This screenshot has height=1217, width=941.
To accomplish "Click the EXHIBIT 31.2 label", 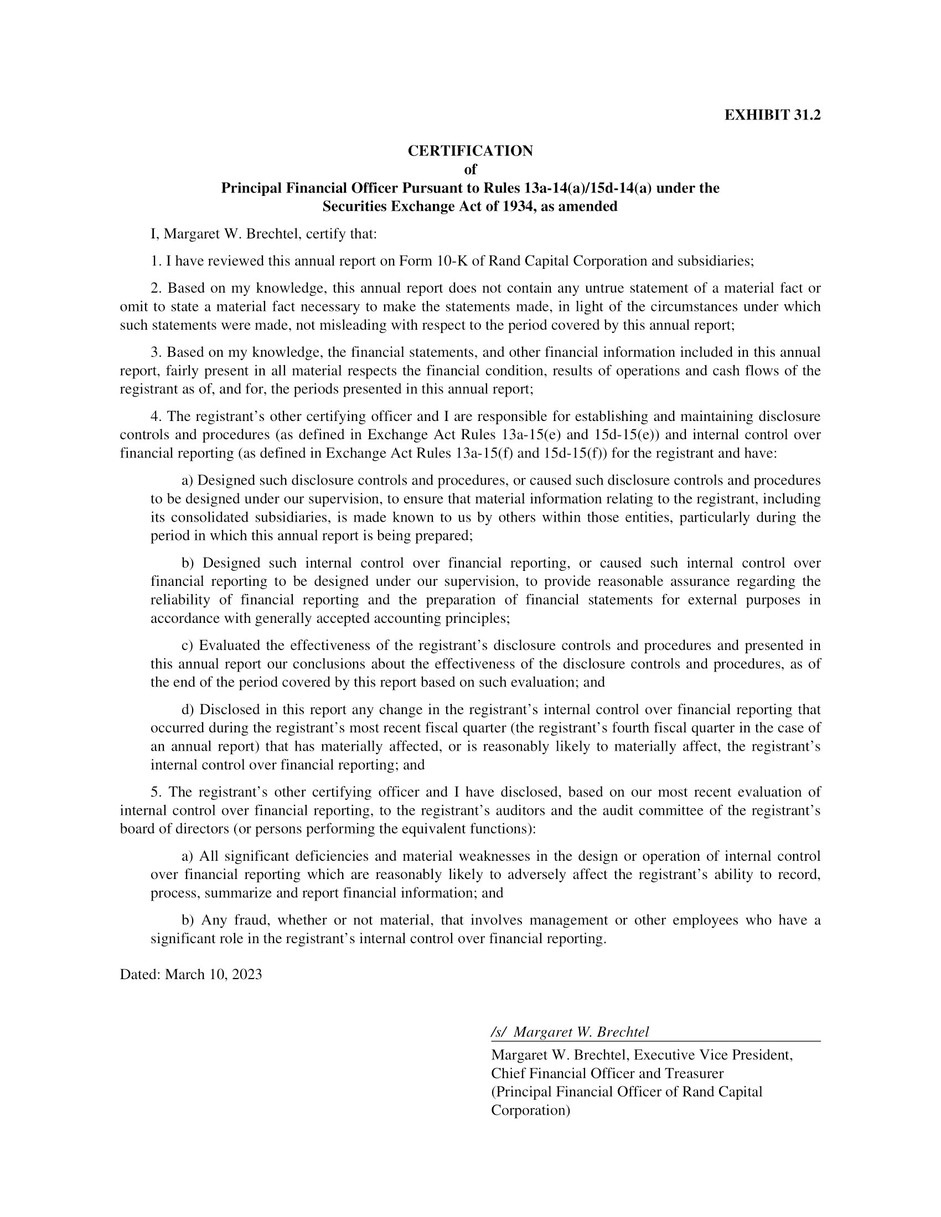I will (772, 116).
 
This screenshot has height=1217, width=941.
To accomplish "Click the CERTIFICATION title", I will (470, 151).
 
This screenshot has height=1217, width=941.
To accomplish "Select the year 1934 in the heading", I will (521, 207).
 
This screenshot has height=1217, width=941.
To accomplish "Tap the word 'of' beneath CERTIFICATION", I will (470, 169).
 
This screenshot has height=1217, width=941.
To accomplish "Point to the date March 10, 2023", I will (214, 974).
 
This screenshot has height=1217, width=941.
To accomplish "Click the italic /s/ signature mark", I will (498, 1032).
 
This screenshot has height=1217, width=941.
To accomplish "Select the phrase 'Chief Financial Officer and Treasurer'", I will (607, 1073).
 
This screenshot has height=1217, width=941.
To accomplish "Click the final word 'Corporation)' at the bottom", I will (530, 1110).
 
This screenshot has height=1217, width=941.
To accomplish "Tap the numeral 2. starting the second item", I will (156, 289).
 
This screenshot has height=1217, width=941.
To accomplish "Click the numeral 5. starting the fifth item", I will (156, 792).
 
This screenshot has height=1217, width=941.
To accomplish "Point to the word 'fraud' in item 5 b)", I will (251, 920).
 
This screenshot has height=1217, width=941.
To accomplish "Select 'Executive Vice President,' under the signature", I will (713, 1055).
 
